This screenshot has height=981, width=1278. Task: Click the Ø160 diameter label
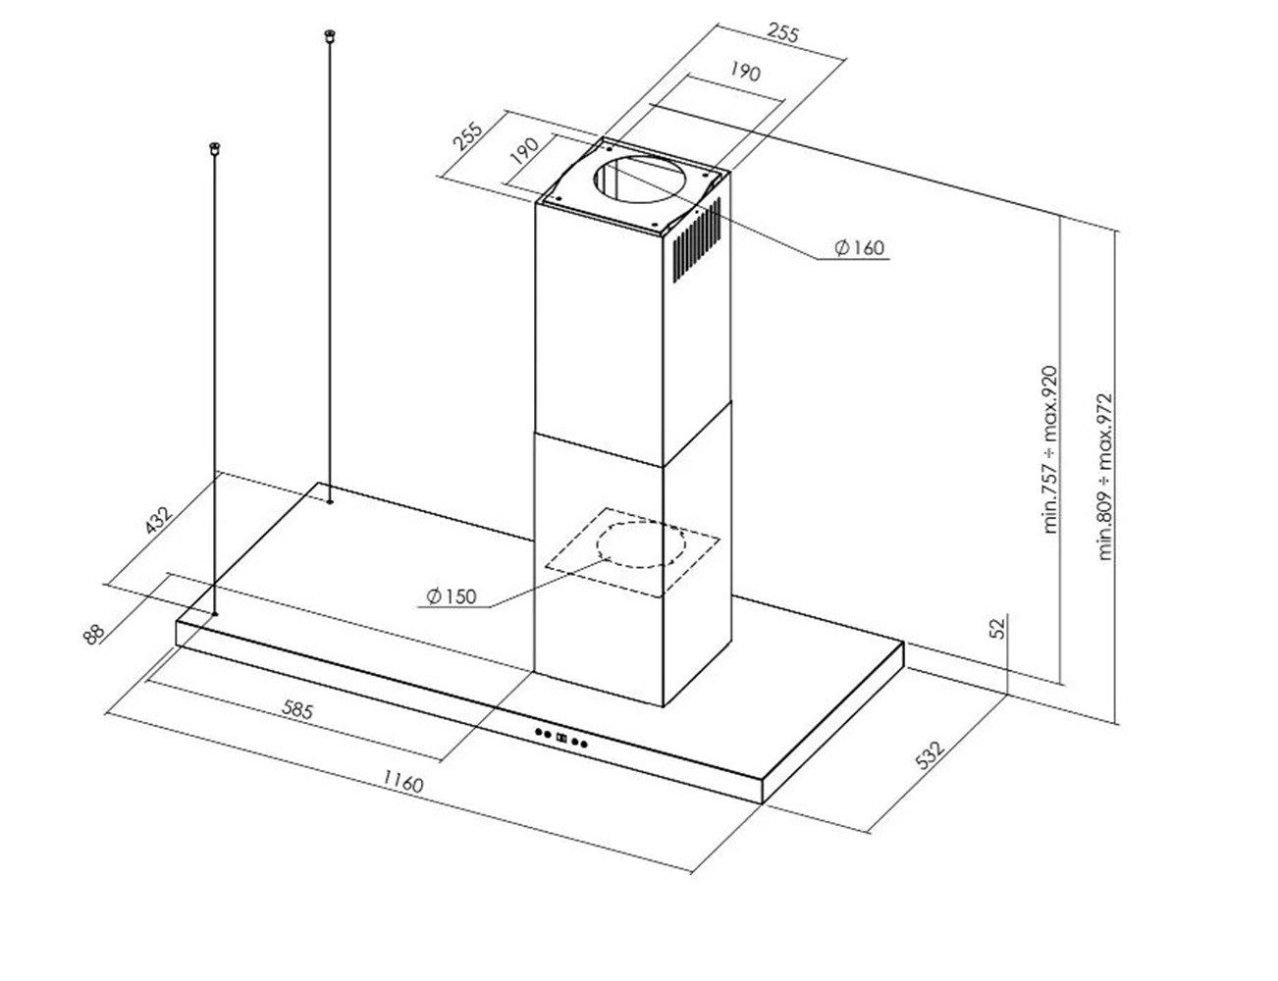click(x=859, y=247)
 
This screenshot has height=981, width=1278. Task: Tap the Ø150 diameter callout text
click(x=452, y=596)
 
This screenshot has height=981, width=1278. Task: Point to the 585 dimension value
click(x=297, y=710)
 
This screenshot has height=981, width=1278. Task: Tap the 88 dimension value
click(x=94, y=635)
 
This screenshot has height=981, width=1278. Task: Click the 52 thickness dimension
click(x=999, y=628)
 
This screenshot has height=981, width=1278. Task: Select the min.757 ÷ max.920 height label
click(x=1050, y=449)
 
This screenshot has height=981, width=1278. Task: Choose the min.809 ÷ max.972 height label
click(x=1105, y=477)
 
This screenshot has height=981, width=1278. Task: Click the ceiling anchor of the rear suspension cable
click(x=330, y=36)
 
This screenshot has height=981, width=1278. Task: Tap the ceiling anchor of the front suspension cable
click(x=215, y=147)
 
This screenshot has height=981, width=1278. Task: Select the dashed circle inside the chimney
click(x=641, y=544)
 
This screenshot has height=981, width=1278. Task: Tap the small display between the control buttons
click(x=561, y=738)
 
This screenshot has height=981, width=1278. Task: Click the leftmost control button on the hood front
click(x=538, y=733)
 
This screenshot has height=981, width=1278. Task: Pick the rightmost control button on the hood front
click(x=584, y=745)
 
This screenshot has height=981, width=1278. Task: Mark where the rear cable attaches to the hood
click(x=330, y=502)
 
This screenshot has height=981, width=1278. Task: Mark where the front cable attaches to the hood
click(x=215, y=614)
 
